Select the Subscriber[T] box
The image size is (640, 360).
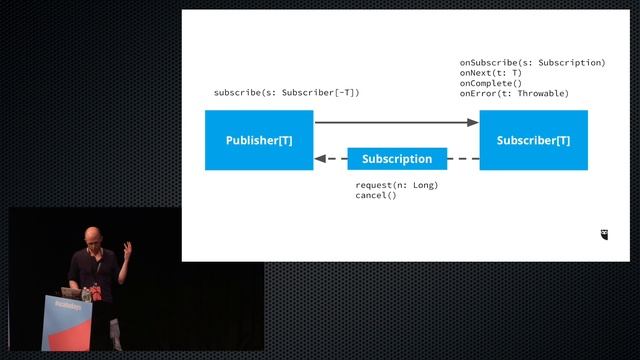coord(533,140)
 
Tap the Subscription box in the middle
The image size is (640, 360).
coord(396,159)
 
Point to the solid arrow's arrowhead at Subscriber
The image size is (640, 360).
coord(474,123)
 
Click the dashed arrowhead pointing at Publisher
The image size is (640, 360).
coord(320,159)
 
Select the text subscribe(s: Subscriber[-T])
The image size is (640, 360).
coord(286,93)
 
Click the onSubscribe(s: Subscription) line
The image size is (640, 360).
coord(532,63)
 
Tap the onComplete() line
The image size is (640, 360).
coord(491,83)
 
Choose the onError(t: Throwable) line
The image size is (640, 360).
coord(514,93)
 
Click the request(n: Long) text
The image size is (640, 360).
coord(396,185)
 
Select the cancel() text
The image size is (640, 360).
coord(375,195)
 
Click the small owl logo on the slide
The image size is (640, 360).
coord(604,235)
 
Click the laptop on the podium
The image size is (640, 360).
coord(73,292)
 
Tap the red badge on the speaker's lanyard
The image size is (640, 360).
coord(89,295)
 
